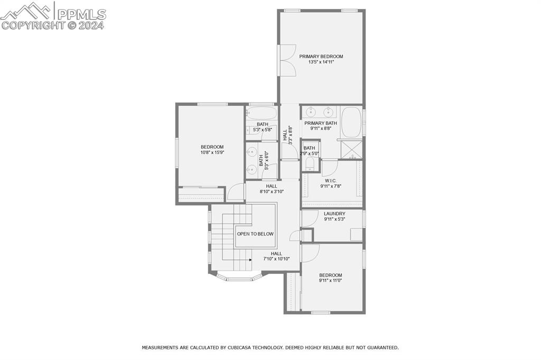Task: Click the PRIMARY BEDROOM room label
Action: (321, 56)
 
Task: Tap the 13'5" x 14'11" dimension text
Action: (321, 62)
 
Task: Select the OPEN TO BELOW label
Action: (255, 234)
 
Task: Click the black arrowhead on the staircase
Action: (250, 260)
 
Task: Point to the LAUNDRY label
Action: (334, 214)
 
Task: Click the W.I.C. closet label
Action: (331, 180)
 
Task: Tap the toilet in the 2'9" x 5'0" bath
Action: (310, 164)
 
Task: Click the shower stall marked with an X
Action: (351, 149)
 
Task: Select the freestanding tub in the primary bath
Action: (351, 121)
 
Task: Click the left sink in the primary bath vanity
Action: (311, 112)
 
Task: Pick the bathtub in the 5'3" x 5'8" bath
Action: (261, 113)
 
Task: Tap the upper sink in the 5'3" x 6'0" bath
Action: (252, 152)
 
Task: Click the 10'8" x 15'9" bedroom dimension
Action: (212, 152)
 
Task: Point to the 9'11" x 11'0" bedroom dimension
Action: (331, 281)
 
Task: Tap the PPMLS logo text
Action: (82, 14)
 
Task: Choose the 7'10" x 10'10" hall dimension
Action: (276, 259)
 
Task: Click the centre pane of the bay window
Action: (239, 279)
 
